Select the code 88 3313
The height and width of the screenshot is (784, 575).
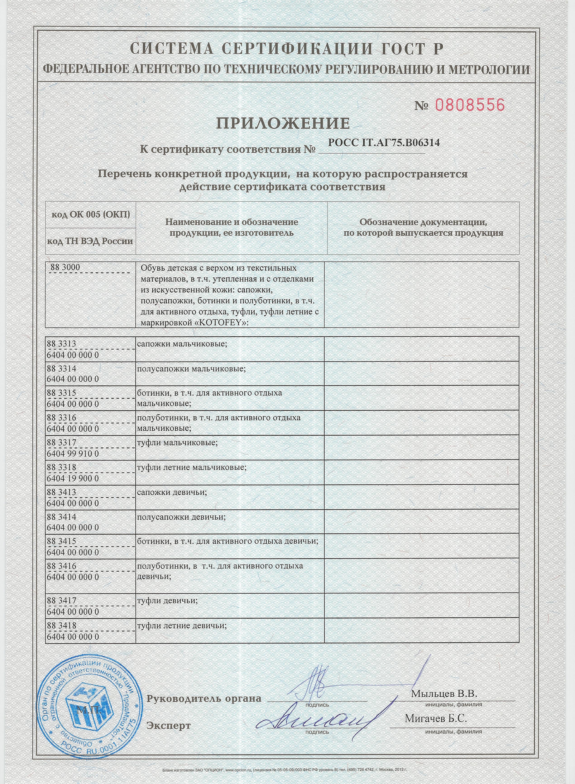click(x=62, y=344)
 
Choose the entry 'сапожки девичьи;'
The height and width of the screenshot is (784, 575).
click(x=172, y=492)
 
